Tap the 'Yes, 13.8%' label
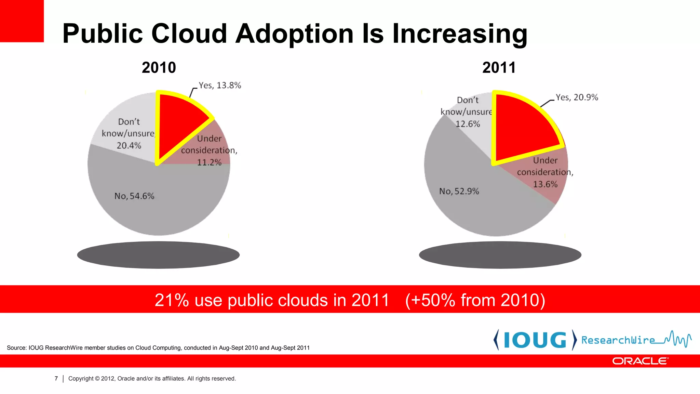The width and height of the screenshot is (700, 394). pos(220,85)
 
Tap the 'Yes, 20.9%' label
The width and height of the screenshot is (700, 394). pos(577,97)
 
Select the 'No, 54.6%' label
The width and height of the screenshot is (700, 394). pos(134,196)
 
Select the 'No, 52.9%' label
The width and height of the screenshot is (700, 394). pos(459,191)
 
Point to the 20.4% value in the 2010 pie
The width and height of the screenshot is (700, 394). pos(129,146)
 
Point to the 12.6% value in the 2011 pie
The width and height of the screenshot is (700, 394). pos(468,124)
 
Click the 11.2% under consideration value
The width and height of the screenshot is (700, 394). pos(209,162)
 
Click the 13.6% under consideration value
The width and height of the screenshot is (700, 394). pos(545,184)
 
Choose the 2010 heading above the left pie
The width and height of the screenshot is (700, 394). pos(159,68)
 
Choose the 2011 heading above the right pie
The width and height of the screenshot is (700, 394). pos(499,68)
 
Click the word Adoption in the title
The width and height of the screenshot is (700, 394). pos(295,34)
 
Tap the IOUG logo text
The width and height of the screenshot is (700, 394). pos(535,340)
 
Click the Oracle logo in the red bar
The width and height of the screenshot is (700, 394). pos(640,361)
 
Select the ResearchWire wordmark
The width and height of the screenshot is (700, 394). pos(618,340)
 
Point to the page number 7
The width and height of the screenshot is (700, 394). pos(56,379)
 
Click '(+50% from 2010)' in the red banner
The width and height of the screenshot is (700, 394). pos(475,300)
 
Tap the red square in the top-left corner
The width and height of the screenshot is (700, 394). pos(22,21)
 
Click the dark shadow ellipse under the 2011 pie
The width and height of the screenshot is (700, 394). pos(500,255)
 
